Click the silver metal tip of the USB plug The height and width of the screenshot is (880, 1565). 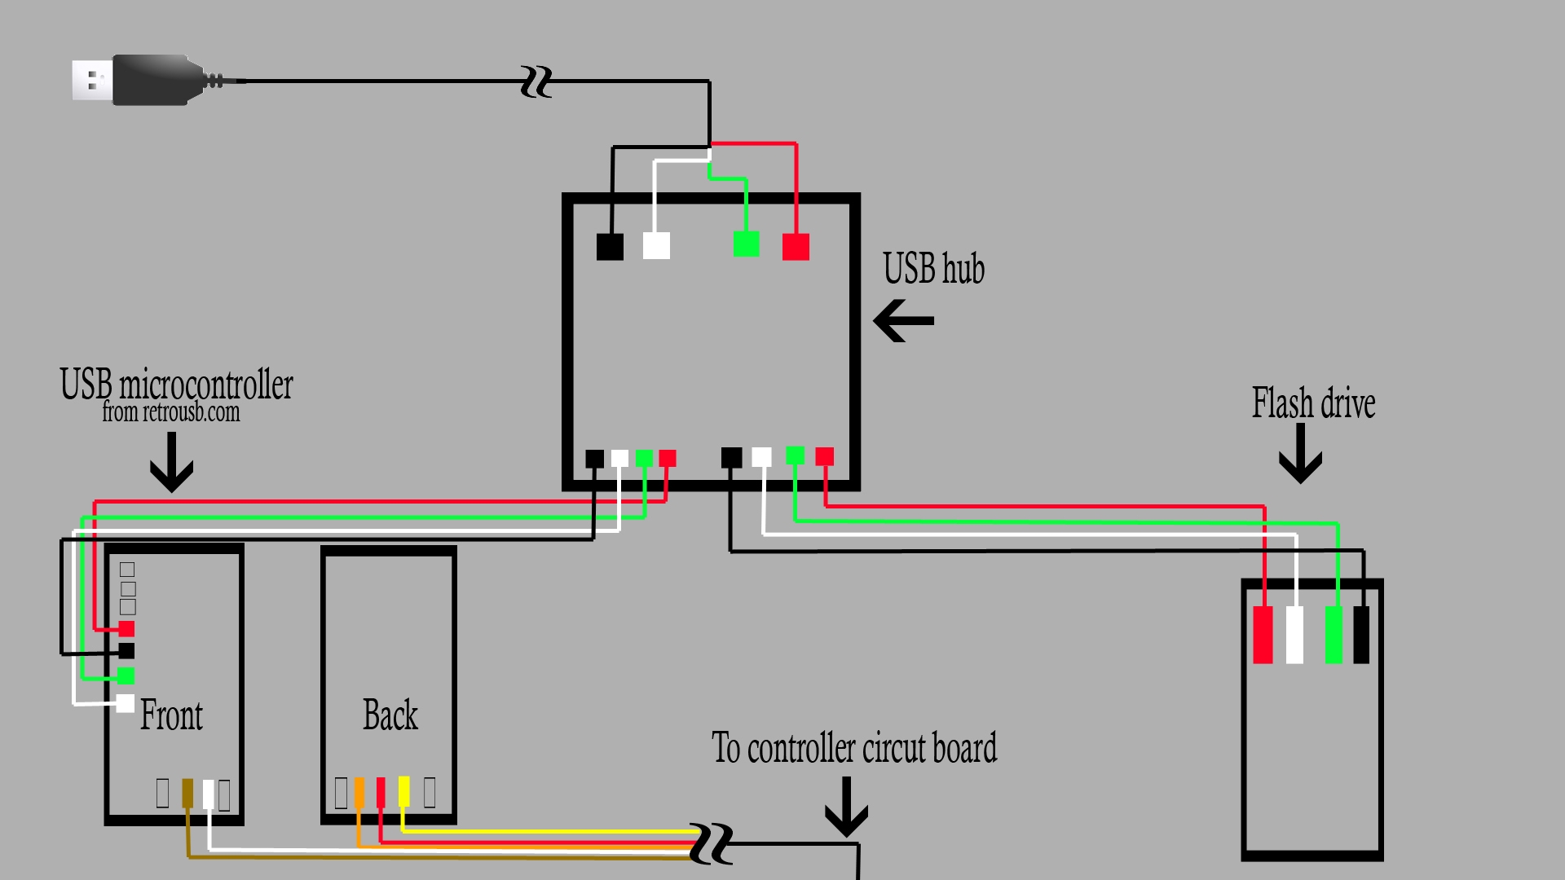coord(91,81)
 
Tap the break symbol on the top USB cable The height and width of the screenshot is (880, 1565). coord(536,82)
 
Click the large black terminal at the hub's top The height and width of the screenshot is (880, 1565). coord(610,246)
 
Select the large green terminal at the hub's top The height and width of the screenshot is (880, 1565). coord(746,244)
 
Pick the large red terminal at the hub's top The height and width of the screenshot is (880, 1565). coord(796,246)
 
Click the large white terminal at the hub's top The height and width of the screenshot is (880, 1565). coord(656,246)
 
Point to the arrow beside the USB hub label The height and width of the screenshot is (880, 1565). coord(903,320)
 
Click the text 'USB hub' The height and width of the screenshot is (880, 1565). coord(933,269)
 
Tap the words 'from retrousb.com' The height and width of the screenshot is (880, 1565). coord(170,412)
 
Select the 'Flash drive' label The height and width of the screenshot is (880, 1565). coord(1313,403)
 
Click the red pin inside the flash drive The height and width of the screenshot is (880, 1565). coord(1263,635)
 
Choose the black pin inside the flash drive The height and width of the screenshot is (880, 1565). coord(1361,635)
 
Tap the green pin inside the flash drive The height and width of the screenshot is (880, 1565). coord(1334,635)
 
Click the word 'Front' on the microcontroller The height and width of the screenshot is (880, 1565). coord(171,715)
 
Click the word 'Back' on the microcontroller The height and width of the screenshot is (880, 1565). coord(390,715)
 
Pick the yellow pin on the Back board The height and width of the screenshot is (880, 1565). coord(403,791)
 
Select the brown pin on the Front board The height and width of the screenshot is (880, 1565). coord(187,793)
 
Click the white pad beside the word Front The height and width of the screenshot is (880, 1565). coord(126,703)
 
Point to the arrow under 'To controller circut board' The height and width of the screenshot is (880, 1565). coord(846,807)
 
